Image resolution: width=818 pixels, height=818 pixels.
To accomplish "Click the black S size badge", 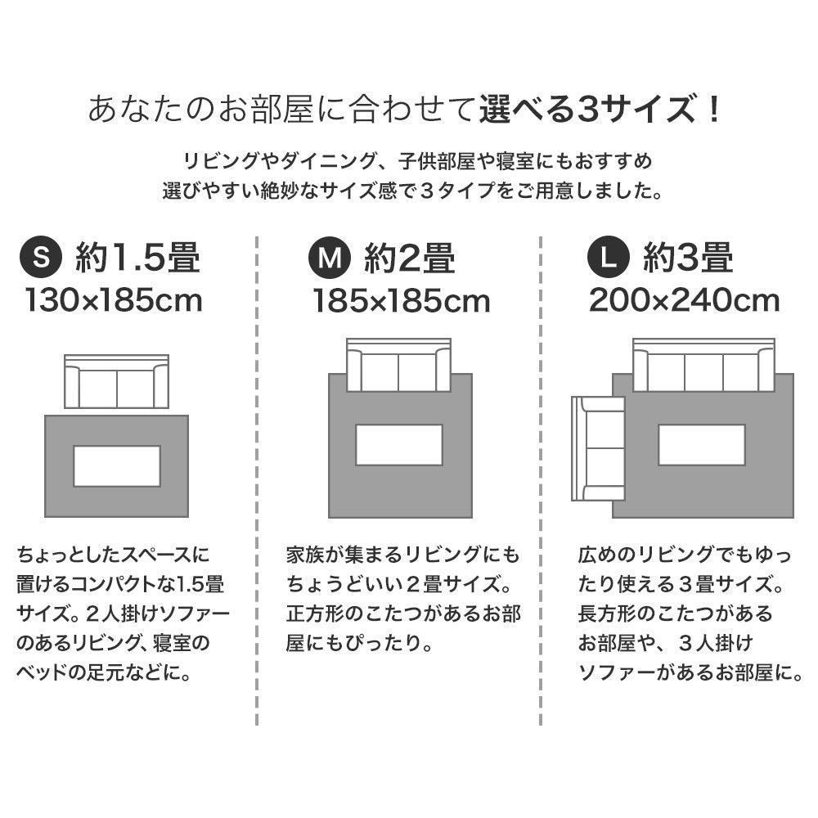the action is pyautogui.click(x=41, y=258).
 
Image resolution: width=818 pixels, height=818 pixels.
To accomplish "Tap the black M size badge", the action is pyautogui.click(x=329, y=258).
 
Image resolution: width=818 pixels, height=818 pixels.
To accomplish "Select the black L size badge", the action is pyautogui.click(x=609, y=258).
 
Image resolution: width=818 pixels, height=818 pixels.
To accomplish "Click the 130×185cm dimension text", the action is pyautogui.click(x=114, y=301).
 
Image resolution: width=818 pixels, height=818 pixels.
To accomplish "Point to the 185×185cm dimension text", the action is pyautogui.click(x=401, y=301).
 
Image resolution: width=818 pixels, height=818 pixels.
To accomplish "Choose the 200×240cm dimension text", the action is pyautogui.click(x=684, y=301).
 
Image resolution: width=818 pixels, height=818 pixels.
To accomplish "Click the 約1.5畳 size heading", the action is pyautogui.click(x=138, y=258).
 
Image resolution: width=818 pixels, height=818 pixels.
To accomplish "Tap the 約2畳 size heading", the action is pyautogui.click(x=410, y=258).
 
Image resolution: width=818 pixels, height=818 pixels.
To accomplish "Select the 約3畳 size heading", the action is pyautogui.click(x=688, y=258).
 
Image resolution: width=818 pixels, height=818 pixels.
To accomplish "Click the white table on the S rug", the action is pyautogui.click(x=117, y=466).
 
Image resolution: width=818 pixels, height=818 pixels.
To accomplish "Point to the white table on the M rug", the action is pyautogui.click(x=399, y=445).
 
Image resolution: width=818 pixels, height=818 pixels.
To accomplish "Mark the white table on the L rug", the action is pyautogui.click(x=702, y=445).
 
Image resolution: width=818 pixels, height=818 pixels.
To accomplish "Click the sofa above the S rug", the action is pyautogui.click(x=117, y=381).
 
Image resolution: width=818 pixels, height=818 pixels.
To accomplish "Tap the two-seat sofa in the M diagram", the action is pyautogui.click(x=399, y=365).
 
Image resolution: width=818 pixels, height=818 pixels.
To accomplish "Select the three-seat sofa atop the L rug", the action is pyautogui.click(x=703, y=365).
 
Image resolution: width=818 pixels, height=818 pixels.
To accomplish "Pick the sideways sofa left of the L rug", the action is pyautogui.click(x=598, y=448).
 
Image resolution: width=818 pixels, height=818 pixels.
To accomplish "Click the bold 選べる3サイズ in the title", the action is pyautogui.click(x=588, y=109).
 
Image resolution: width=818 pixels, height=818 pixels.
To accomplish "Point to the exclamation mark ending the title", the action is pyautogui.click(x=714, y=109).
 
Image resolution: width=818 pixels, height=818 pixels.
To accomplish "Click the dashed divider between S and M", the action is pyautogui.click(x=257, y=480).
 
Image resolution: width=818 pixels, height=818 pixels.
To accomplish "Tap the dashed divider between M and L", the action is pyautogui.click(x=541, y=480).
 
